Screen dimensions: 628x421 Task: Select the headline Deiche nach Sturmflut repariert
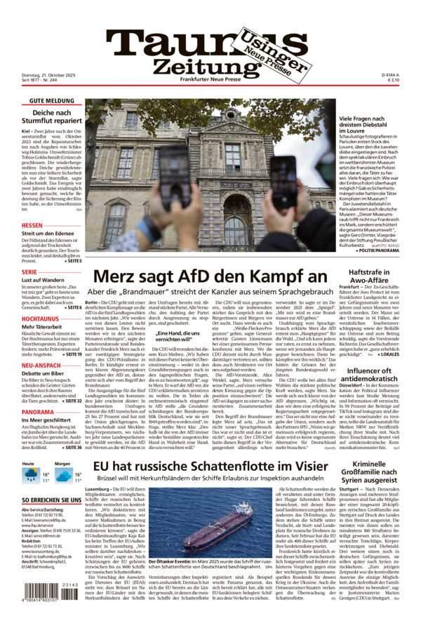click(51, 117)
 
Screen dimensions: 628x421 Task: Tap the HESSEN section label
click(32, 226)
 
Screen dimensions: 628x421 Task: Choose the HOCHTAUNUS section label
click(40, 318)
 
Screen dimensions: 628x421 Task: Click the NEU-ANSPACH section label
click(41, 365)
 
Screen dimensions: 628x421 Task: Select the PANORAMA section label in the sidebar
click(38, 412)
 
